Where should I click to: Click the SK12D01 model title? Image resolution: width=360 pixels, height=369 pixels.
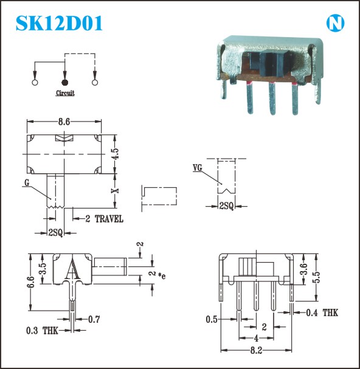tap(59, 23)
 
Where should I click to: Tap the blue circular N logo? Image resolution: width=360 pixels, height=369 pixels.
tap(335, 23)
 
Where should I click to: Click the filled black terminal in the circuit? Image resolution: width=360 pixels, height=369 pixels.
tap(64, 82)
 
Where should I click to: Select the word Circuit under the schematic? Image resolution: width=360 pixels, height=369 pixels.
tap(65, 93)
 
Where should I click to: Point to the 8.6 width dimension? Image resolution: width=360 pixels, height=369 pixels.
tap(64, 122)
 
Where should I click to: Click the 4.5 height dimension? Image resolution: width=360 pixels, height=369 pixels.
tap(116, 154)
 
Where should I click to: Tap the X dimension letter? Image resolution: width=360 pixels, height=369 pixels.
tap(115, 190)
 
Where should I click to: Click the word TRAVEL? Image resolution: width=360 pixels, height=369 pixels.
tap(109, 219)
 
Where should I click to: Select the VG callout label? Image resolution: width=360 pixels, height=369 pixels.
tap(198, 168)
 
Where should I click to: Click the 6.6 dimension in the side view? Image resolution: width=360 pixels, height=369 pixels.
tap(31, 281)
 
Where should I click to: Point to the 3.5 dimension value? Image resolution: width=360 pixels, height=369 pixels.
tap(43, 269)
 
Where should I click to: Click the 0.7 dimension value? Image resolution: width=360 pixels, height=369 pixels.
tap(94, 319)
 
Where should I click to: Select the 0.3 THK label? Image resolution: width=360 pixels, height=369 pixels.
tap(42, 331)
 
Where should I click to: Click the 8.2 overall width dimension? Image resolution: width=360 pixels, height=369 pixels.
tap(256, 350)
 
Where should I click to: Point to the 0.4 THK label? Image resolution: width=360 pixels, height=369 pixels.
tap(322, 312)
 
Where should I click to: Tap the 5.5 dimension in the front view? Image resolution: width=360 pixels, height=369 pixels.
tap(317, 277)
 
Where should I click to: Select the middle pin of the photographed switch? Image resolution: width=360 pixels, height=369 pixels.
tap(272, 98)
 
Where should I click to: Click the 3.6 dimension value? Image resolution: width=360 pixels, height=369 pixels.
tap(304, 269)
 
